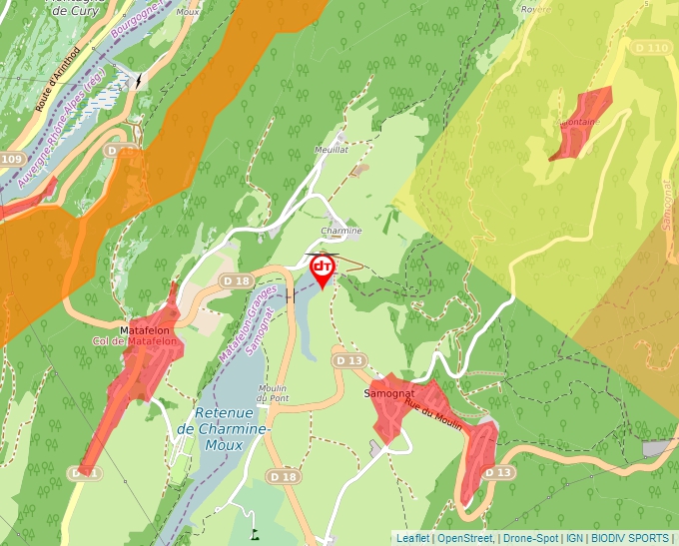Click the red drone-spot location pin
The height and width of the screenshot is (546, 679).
(x=323, y=270)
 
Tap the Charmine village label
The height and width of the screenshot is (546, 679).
(x=340, y=231)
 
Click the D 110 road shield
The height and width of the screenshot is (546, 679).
(x=651, y=48)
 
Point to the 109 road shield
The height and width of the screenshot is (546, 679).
(x=12, y=160)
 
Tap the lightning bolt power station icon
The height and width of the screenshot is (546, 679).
(x=139, y=80)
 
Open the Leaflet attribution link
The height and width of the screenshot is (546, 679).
(x=412, y=538)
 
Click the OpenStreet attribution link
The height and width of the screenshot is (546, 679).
(x=465, y=538)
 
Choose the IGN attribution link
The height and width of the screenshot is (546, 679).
(x=575, y=538)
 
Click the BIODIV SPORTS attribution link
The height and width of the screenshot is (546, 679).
(x=630, y=538)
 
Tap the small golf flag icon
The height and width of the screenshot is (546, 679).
(x=255, y=533)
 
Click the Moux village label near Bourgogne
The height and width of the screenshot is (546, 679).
(x=188, y=12)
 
